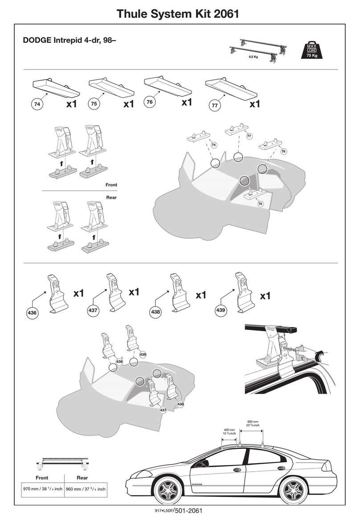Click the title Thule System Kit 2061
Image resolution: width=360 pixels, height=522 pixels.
coord(178,14)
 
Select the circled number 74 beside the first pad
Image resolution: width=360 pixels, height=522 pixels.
coord(37,104)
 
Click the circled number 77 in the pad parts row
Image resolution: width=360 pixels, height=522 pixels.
coord(215,106)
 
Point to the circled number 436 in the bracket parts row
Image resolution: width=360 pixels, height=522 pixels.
coord(32,312)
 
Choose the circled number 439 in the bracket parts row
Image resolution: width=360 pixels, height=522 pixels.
coord(221,310)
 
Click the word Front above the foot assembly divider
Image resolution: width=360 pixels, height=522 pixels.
coord(111,185)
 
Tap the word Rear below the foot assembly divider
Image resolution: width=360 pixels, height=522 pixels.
coord(111,197)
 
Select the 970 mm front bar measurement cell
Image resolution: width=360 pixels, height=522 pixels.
coord(43,489)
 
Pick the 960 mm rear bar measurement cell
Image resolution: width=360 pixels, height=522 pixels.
coord(86,489)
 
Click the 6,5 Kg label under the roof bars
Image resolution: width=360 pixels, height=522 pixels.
coord(253,57)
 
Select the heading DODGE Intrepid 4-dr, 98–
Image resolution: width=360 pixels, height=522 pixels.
coord(69,40)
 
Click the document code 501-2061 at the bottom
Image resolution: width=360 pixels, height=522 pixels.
coord(188,510)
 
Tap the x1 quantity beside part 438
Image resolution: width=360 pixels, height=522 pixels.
coord(200,295)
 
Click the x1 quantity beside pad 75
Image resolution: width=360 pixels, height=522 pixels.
coord(129,104)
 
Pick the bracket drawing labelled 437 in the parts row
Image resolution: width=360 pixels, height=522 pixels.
coord(115,292)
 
